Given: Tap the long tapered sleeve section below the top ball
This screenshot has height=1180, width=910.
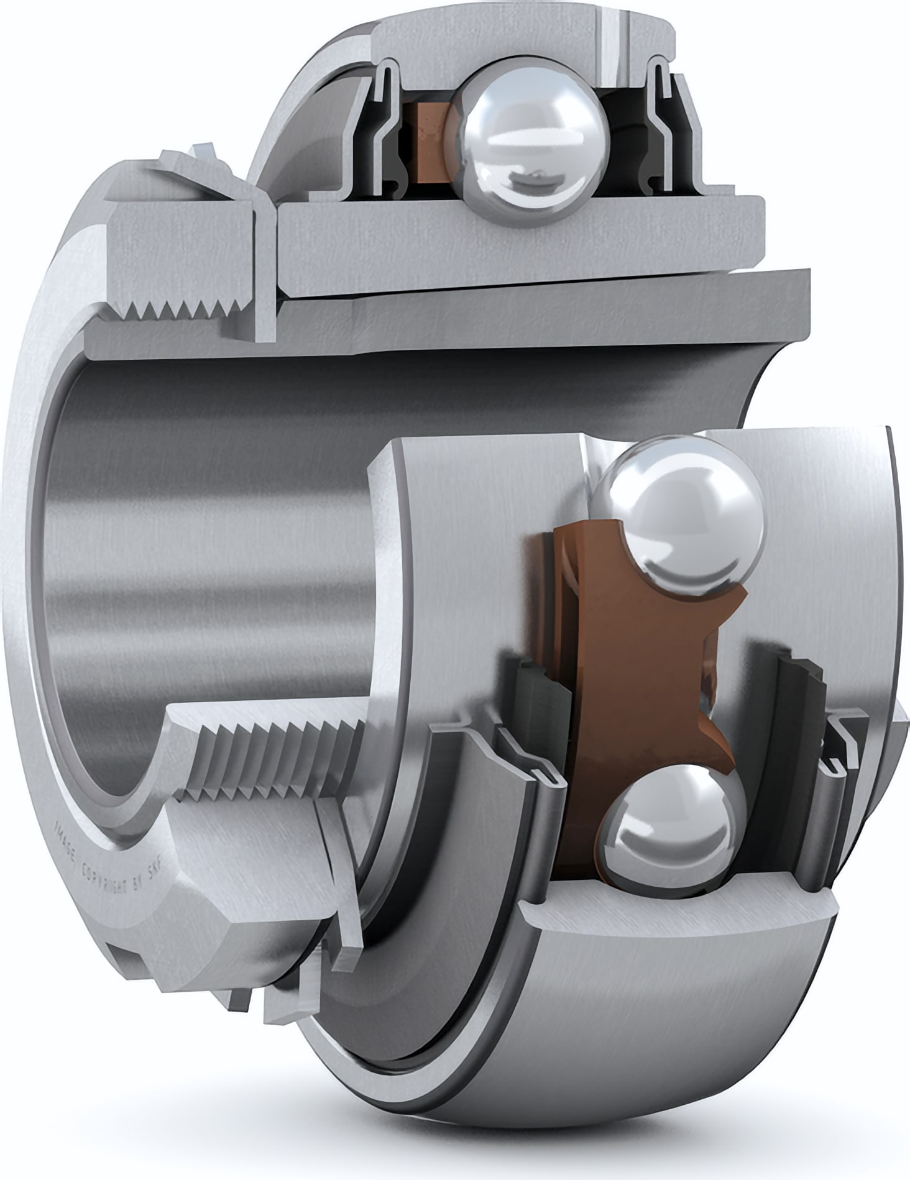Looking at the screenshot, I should click(528, 317).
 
